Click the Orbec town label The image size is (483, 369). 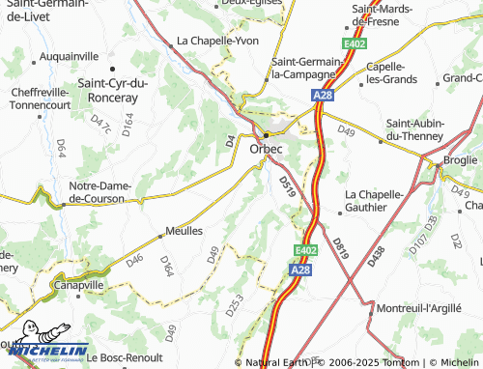[x=266, y=150]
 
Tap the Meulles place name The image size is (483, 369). [x=184, y=231]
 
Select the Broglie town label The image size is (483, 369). [x=461, y=159]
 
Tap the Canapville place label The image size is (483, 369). [x=76, y=285]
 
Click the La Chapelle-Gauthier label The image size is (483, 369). [x=374, y=200]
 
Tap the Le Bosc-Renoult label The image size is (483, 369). [x=125, y=357]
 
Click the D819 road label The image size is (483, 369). [x=339, y=240]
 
